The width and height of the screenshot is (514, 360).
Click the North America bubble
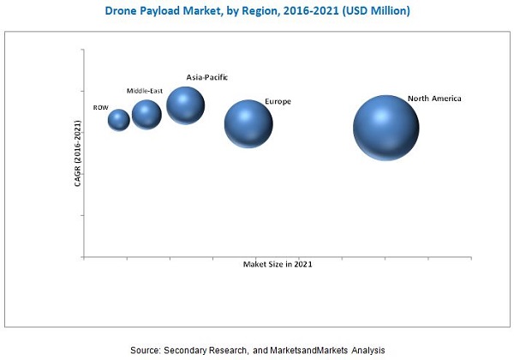click(385, 127)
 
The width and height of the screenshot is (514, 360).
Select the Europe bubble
click(248, 124)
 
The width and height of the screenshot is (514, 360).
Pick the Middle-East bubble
click(146, 114)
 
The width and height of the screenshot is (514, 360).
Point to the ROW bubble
click(119, 120)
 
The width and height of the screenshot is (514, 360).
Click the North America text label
click(434, 99)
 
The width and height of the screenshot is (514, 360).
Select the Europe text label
click(278, 101)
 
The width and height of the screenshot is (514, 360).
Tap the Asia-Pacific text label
click(206, 77)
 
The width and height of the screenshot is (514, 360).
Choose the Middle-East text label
click(144, 90)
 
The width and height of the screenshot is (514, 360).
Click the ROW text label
click(100, 108)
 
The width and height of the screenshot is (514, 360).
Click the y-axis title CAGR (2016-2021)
click(77, 154)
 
